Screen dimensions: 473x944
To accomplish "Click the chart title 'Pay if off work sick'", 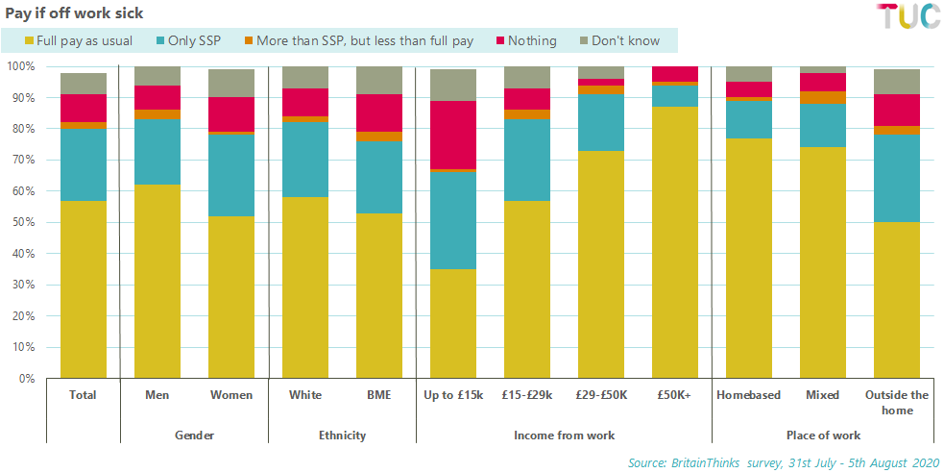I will coord(75,13).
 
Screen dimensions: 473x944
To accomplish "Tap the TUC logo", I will coord(908,16).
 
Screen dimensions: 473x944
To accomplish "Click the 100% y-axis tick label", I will coord(20,66).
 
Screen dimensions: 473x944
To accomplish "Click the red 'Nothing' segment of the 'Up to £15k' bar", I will coord(453,135).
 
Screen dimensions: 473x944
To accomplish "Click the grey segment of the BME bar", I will coord(379,80).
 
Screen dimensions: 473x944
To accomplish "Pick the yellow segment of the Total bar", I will coord(84,289).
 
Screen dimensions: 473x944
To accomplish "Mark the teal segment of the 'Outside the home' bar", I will coord(897,178).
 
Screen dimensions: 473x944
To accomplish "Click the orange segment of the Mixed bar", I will coord(823,97).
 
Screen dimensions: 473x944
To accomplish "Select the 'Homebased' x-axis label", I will coord(749,395).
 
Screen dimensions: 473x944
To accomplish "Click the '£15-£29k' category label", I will coord(527,395).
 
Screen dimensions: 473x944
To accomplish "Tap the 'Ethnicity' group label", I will coord(342,436).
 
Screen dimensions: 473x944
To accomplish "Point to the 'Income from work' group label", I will coord(564,436).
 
